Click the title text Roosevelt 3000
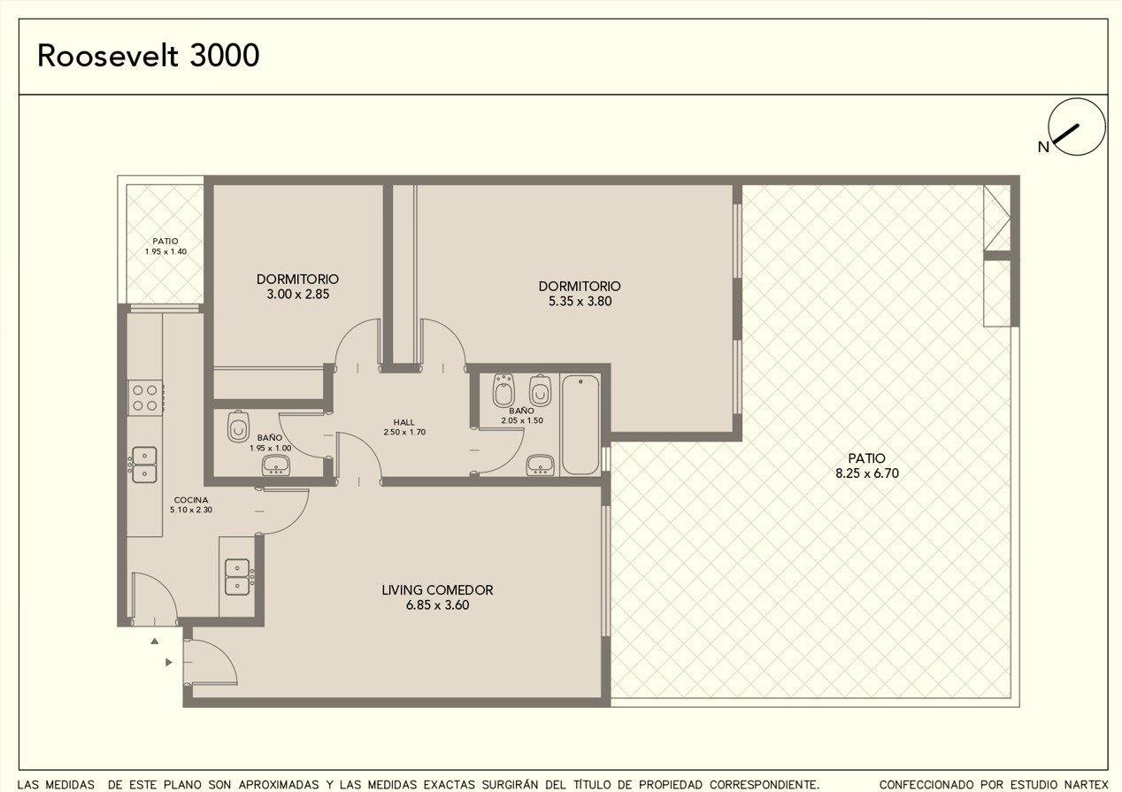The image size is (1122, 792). [149, 56]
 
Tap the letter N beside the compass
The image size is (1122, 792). [1043, 147]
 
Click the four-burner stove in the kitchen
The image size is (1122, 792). [145, 397]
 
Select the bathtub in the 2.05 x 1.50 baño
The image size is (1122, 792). [580, 424]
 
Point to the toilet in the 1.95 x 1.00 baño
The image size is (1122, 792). [238, 427]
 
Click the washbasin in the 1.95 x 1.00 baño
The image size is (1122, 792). [275, 465]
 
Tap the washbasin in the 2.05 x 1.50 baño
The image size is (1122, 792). [541, 465]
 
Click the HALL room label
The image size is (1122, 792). [403, 422]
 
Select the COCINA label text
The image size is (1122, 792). [191, 500]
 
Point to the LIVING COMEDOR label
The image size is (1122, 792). [437, 590]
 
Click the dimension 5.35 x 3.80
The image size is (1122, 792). [580, 301]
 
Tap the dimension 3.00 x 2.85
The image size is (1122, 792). [298, 294]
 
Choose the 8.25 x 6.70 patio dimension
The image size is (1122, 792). [867, 473]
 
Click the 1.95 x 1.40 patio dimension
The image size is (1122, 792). [165, 251]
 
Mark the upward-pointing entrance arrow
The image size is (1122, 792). [155, 642]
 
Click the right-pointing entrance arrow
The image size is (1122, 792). [169, 662]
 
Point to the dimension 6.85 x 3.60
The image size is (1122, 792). [438, 605]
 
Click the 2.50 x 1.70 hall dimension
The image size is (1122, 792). [404, 432]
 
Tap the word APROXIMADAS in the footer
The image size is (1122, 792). [279, 785]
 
